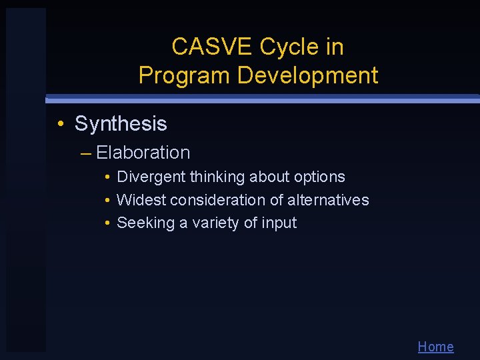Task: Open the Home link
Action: [x=435, y=347]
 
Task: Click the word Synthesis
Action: [x=121, y=124]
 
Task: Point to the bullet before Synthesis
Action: [x=61, y=124]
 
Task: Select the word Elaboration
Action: [x=143, y=153]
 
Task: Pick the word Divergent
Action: [x=151, y=177]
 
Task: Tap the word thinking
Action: [x=217, y=177]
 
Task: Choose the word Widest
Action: [x=141, y=200]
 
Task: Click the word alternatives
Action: [x=328, y=200]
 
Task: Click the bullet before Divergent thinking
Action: [x=107, y=177]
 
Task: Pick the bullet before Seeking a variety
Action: [x=107, y=223]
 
